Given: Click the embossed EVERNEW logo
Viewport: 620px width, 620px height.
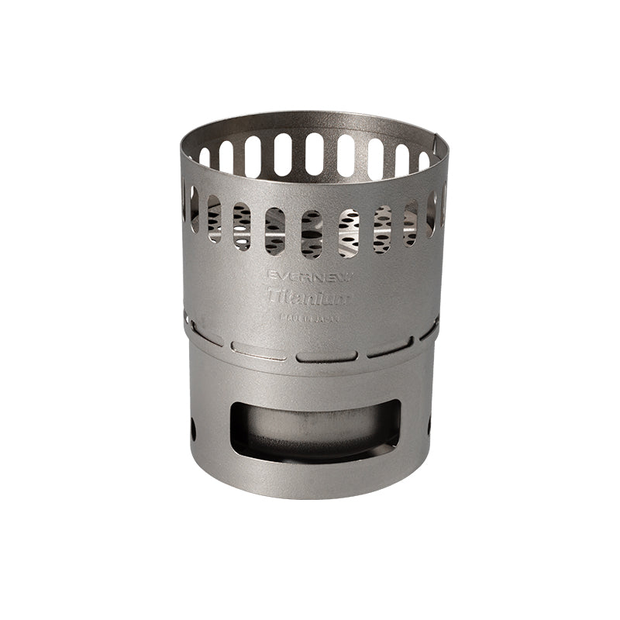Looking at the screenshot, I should coord(309,277).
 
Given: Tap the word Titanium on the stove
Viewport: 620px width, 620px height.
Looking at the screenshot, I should coord(309,296).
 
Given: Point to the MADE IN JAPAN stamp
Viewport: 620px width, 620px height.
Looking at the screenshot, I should coord(308,316).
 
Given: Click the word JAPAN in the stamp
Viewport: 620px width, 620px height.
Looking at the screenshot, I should coord(325,316).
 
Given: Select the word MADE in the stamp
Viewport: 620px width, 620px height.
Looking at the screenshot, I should coord(288,316).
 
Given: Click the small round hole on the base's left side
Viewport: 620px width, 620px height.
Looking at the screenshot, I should coord(193,425).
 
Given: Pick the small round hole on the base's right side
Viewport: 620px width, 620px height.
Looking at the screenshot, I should coord(429,424).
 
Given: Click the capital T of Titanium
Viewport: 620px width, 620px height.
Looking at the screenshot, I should coord(273,295).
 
